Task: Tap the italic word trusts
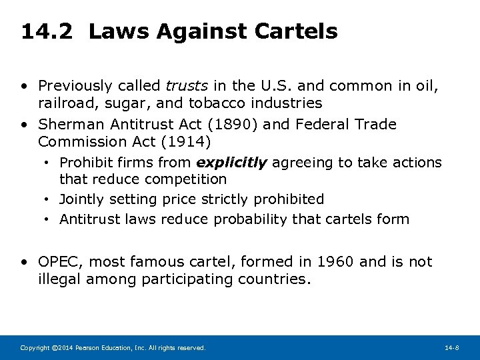tap(186, 86)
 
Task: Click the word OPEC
tap(59, 262)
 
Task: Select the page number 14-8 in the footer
tap(453, 348)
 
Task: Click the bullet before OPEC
tap(24, 262)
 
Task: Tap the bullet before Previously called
tap(24, 86)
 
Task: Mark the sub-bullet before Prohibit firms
tap(49, 163)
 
